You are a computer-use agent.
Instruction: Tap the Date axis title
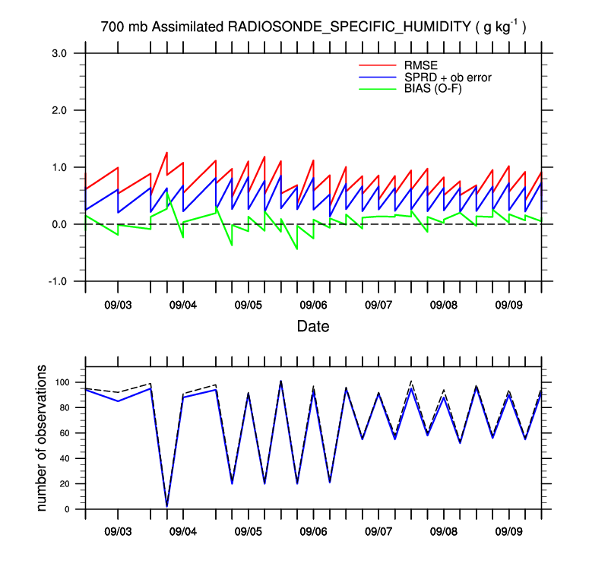(x=313, y=327)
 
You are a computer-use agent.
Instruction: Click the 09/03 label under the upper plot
(x=118, y=305)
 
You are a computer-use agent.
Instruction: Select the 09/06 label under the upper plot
(x=314, y=305)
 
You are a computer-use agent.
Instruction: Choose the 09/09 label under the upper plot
(x=509, y=305)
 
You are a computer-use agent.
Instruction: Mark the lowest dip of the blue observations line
(x=166, y=506)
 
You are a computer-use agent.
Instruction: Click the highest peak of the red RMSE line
(x=166, y=152)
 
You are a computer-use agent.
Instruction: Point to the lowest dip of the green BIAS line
(x=297, y=249)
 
